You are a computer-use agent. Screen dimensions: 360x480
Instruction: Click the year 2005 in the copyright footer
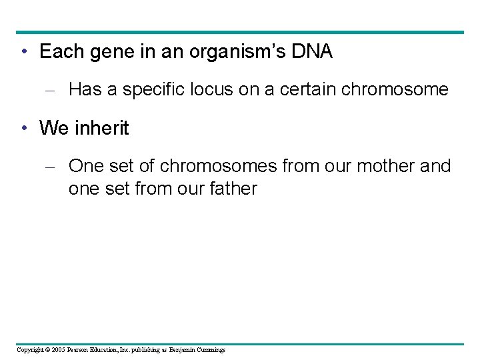[x=57, y=350]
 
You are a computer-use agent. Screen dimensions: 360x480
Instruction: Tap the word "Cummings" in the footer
[x=211, y=350]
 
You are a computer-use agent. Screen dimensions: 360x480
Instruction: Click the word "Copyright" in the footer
[x=29, y=350]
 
